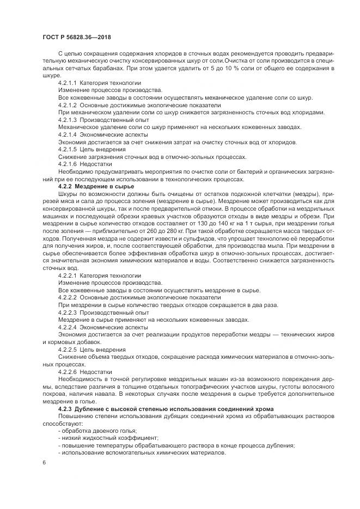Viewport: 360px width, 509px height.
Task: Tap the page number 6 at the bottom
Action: point(44,463)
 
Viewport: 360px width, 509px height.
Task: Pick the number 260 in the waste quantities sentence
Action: point(133,230)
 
